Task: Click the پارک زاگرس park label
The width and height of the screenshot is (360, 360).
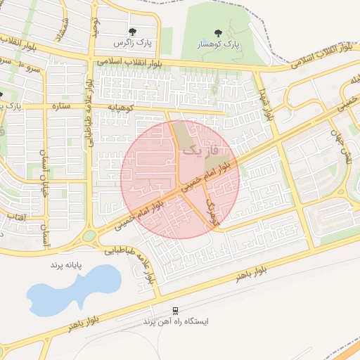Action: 134,43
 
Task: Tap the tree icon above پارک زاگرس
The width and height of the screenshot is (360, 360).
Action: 133,32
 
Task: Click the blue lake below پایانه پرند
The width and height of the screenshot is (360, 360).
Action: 70,290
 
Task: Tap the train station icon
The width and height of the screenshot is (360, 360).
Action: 175,310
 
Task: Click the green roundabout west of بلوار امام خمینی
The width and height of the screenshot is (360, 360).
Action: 89,236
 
